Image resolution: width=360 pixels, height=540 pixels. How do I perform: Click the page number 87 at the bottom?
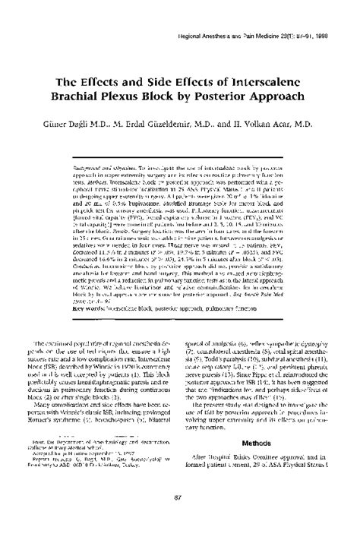pyautogui.click(x=180, y=520)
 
